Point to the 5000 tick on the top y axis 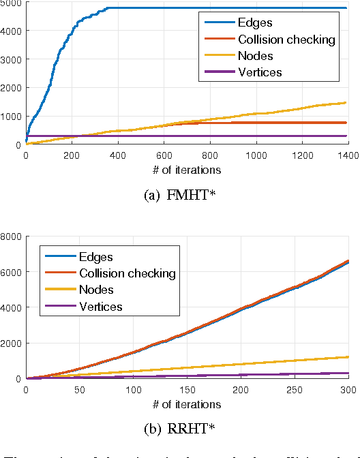[11, 3]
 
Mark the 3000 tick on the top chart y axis [11, 59]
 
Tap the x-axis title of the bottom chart [186, 403]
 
